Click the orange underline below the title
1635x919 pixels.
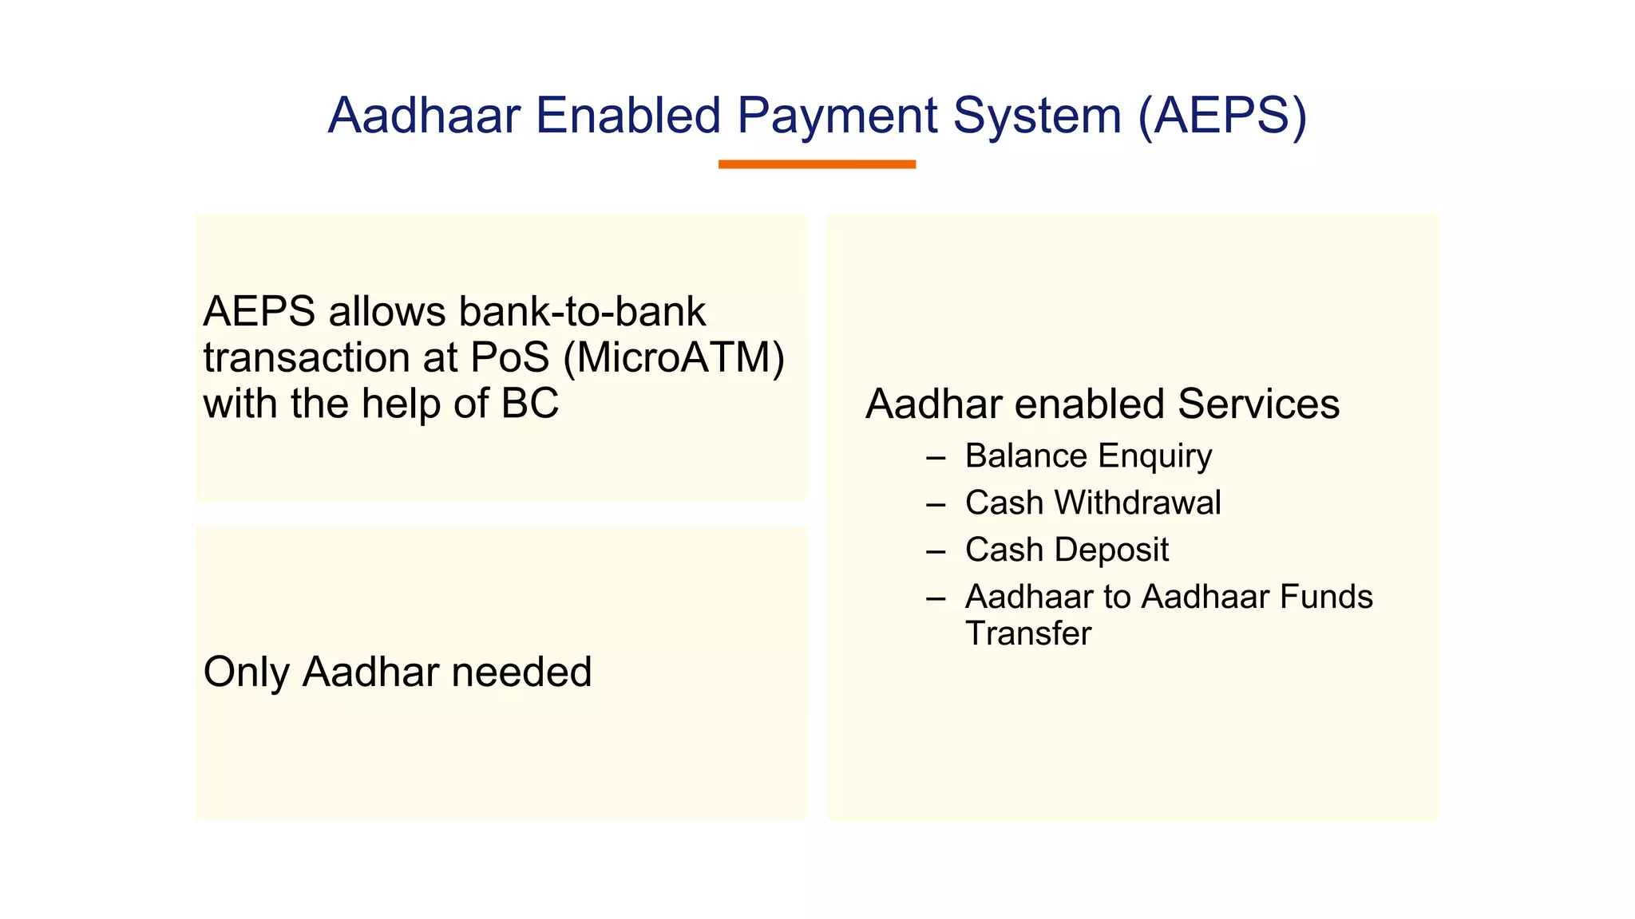817,164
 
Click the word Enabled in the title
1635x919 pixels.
628,116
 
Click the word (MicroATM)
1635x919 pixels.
674,358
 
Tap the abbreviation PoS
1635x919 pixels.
510,358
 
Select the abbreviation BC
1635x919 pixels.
530,404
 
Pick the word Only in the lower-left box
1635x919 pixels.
246,672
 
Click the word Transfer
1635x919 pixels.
1027,634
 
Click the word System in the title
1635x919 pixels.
1037,116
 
